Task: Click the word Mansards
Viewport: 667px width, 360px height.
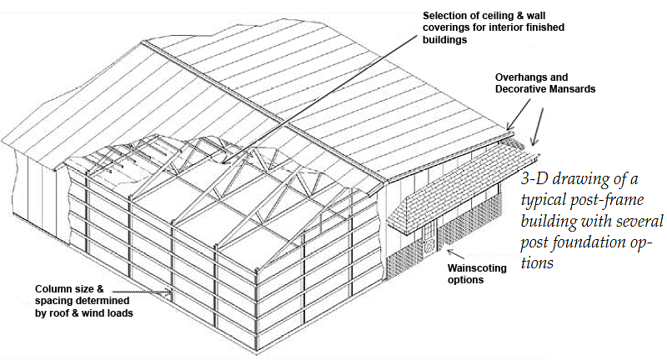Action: (594, 89)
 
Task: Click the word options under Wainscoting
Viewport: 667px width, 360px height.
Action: (466, 281)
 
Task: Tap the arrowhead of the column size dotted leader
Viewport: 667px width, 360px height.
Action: (173, 292)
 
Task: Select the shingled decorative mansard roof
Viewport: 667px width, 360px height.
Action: (459, 187)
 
